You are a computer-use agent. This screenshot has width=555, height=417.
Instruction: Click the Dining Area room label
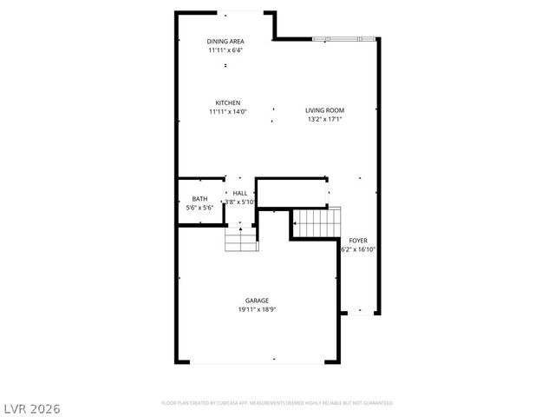225,42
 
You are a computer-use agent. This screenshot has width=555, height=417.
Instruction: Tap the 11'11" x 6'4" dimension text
225,50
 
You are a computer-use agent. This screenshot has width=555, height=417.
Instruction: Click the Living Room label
325,110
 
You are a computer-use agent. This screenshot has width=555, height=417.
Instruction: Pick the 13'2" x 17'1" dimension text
325,119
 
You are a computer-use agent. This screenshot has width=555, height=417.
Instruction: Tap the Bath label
199,199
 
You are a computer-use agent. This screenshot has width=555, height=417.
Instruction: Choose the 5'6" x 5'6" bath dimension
199,208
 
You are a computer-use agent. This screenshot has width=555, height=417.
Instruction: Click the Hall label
240,193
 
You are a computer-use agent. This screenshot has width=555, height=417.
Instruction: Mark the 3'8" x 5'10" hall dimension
240,202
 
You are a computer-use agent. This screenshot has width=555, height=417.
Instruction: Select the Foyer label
358,240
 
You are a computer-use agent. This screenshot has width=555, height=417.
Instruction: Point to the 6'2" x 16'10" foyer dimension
358,248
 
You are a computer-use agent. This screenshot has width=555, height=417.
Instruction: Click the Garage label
257,301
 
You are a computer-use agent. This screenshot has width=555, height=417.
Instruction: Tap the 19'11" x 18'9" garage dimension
257,309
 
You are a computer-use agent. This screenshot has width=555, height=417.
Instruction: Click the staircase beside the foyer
316,222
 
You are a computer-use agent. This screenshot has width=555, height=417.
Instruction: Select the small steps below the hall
241,241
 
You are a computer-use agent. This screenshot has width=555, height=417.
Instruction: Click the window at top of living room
344,38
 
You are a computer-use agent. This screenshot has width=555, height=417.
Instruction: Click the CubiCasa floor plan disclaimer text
277,403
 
